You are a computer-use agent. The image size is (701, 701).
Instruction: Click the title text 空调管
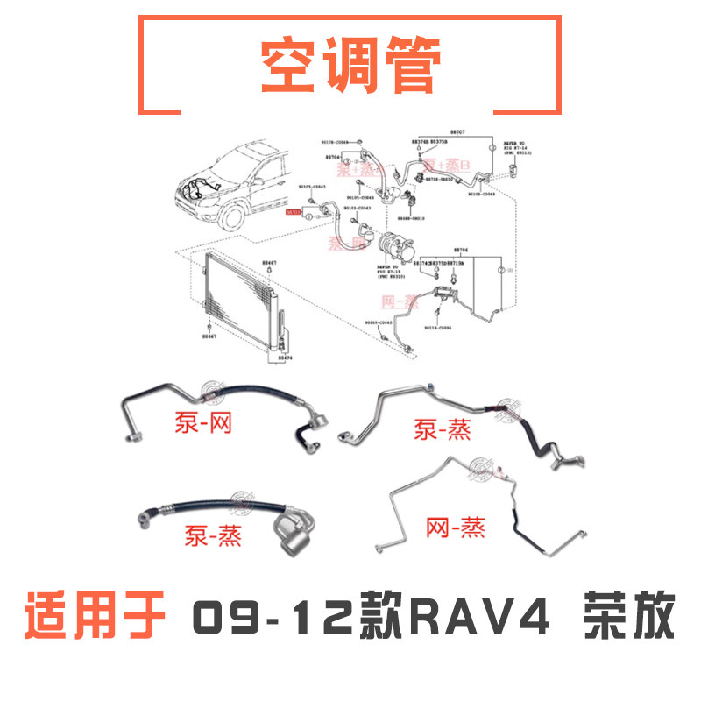(x=350, y=67)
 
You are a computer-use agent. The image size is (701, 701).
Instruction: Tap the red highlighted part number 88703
(x=294, y=212)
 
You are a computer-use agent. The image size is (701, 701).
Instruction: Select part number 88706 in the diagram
(x=461, y=249)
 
